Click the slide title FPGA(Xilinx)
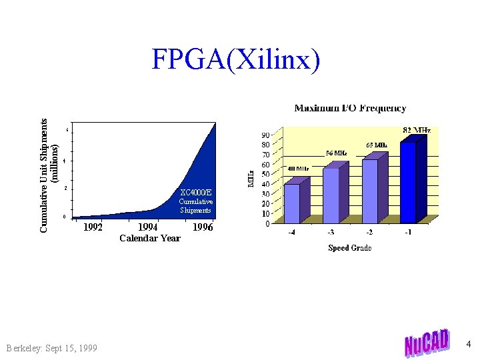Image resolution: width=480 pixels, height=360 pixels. click(235, 59)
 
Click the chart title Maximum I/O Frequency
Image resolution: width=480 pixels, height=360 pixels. click(350, 108)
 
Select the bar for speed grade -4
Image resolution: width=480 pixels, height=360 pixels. click(292, 203)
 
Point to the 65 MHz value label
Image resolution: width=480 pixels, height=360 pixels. click(377, 145)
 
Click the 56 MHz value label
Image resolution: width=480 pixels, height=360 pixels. click(336, 153)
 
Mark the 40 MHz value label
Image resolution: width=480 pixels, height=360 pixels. click(297, 169)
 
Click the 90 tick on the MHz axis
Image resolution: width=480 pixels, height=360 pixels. click(265, 135)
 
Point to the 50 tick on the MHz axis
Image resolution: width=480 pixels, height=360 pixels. click(265, 175)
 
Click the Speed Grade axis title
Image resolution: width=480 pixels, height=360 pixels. click(350, 248)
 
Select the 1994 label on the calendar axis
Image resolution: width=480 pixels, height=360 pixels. click(147, 227)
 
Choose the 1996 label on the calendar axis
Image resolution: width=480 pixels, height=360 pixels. click(203, 227)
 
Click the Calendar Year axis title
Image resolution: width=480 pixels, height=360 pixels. click(149, 239)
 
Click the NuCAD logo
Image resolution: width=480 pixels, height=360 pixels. click(427, 343)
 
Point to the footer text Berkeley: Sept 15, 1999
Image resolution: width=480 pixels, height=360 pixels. click(51, 349)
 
